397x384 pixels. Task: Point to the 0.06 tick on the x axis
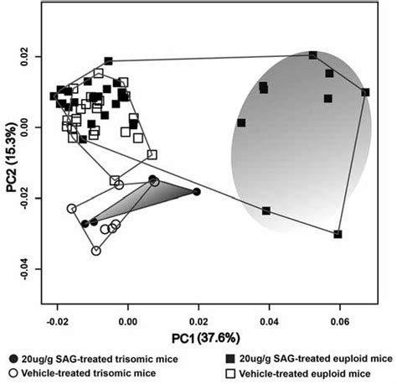click(x=339, y=320)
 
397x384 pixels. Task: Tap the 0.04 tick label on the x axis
click(x=269, y=320)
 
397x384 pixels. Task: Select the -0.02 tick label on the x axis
click(x=57, y=320)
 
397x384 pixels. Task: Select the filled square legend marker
click(x=230, y=356)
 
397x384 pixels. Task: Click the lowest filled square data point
click(x=338, y=235)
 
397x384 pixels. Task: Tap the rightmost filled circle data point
click(x=197, y=191)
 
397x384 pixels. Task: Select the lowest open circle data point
click(x=96, y=251)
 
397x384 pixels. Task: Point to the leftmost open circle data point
click(x=72, y=209)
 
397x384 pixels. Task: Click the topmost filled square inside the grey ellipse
click(x=312, y=55)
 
